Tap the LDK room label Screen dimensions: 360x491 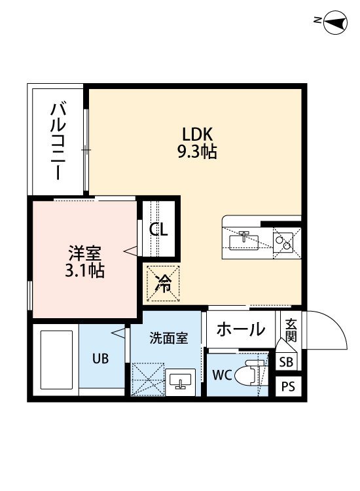198,134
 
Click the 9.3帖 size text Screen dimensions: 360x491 197,152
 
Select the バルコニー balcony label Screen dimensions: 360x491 58,142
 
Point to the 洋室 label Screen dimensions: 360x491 85,253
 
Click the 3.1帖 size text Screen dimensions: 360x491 84,271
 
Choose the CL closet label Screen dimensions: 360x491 158,230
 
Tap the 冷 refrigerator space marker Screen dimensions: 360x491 163,283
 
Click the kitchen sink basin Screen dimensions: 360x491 244,242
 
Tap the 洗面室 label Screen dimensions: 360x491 169,338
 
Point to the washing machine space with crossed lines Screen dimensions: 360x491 148,379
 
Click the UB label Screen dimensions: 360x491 101,358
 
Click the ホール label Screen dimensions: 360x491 241,329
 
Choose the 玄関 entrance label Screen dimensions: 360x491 291,331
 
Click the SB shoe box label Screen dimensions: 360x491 286,362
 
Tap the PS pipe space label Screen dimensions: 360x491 288,386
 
